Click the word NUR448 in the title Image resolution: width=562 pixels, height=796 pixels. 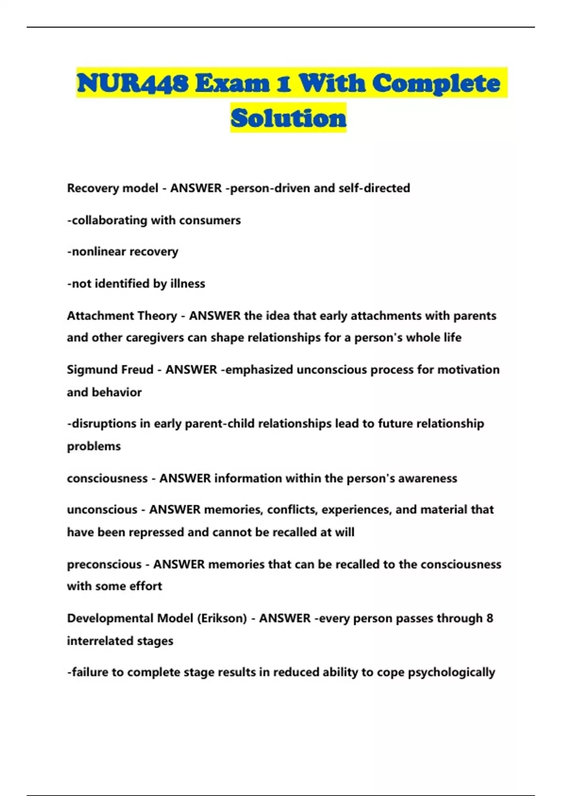pyautogui.click(x=133, y=83)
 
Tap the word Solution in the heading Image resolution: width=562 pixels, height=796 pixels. pyautogui.click(x=288, y=118)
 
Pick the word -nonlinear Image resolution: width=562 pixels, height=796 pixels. pyautogui.click(x=96, y=251)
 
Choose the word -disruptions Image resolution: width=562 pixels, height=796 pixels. pyautogui.click(x=102, y=424)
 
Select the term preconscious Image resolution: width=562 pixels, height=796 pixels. pyautogui.click(x=104, y=564)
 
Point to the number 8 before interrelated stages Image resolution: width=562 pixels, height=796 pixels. pyautogui.click(x=489, y=619)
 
